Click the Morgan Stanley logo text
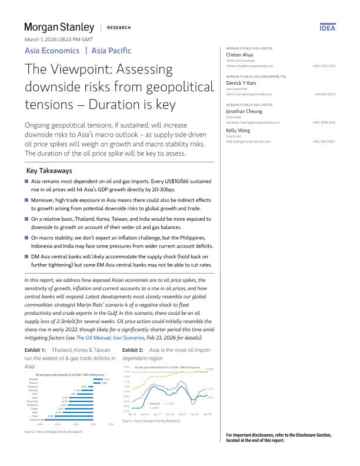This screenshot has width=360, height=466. pos(59,27)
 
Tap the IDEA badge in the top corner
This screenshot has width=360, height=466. pos(328,28)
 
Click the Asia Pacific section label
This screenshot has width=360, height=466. pos(112,51)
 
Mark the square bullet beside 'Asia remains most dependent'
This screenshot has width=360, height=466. pos(26,182)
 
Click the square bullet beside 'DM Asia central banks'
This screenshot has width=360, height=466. pos(26,257)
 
